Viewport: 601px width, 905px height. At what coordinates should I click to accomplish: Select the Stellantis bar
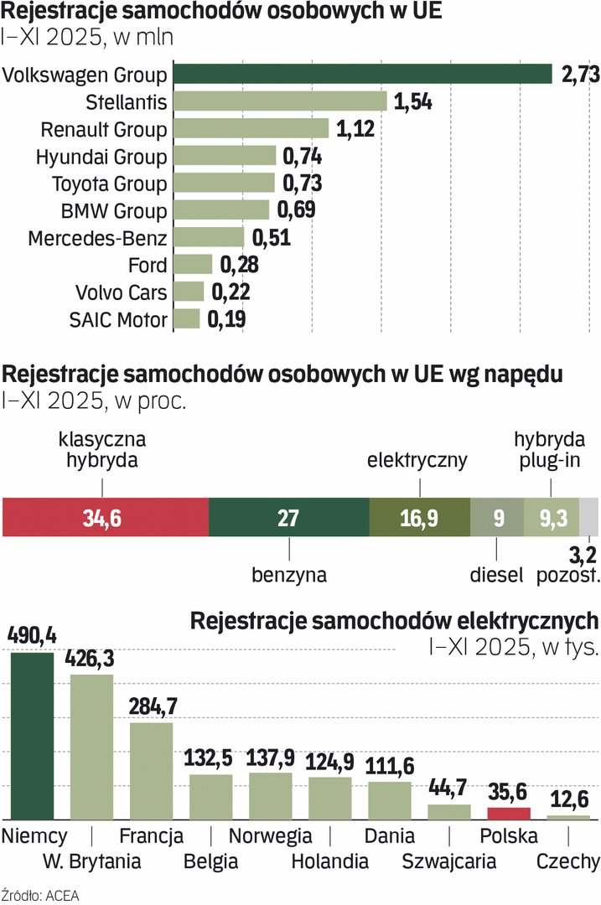[x=280, y=101]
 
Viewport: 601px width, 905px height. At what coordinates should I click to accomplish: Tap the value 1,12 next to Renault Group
[x=355, y=129]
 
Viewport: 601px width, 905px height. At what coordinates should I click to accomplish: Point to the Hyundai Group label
[x=101, y=157]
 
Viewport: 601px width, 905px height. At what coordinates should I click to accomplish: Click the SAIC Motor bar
[x=187, y=319]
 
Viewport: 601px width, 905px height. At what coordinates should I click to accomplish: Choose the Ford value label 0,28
[x=239, y=266]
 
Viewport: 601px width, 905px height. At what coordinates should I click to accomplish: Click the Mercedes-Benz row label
[x=97, y=238]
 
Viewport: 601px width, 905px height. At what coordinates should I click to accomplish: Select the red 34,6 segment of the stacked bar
[x=106, y=517]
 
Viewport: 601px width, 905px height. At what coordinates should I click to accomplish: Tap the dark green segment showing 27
[x=288, y=517]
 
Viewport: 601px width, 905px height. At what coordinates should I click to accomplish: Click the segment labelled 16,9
[x=419, y=517]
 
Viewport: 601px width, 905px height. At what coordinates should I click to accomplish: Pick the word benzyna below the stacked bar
[x=289, y=575]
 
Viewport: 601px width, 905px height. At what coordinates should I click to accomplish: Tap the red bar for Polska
[x=509, y=814]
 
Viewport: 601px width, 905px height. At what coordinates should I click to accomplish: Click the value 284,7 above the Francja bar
[x=151, y=706]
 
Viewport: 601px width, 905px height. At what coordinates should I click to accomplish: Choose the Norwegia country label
[x=270, y=836]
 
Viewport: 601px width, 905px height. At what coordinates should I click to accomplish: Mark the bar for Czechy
[x=568, y=817]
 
